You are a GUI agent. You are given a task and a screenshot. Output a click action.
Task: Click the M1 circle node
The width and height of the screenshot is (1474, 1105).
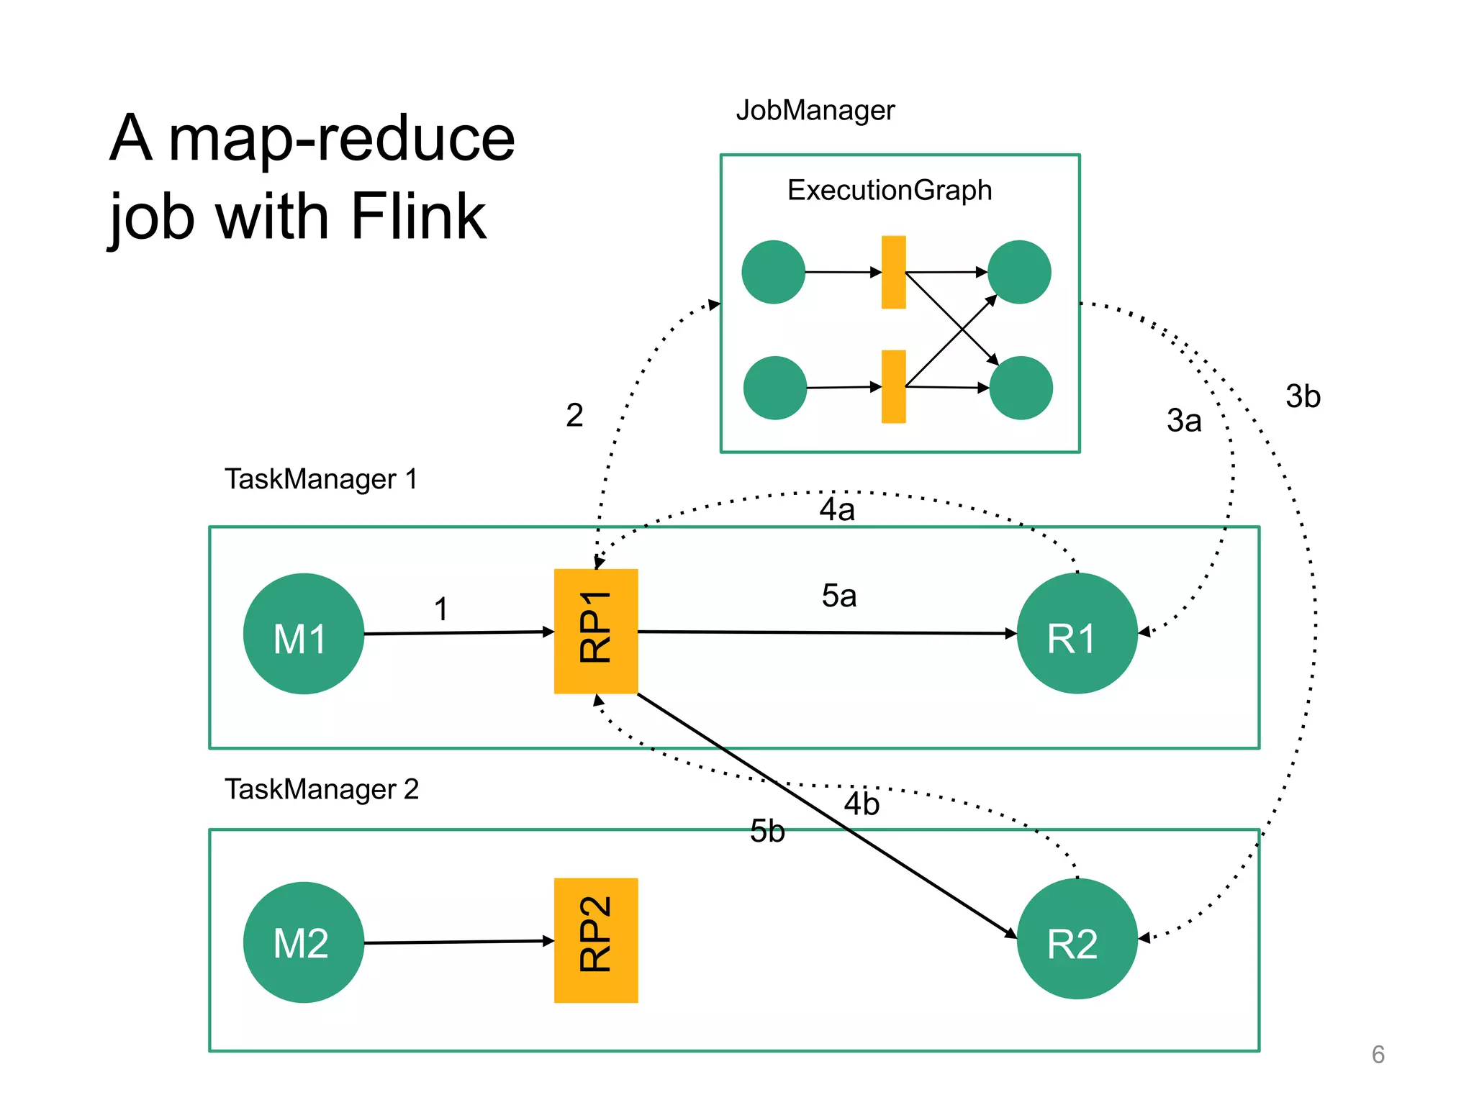tap(303, 634)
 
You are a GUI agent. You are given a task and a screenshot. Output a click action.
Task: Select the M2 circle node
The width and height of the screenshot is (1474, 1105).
tap(303, 942)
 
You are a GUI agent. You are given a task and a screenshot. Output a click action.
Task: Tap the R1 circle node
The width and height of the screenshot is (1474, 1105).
tap(1077, 634)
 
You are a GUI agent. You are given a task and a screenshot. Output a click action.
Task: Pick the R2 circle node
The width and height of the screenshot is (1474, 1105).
tap(1077, 939)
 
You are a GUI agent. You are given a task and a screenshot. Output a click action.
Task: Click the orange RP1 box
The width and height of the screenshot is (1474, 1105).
tap(596, 631)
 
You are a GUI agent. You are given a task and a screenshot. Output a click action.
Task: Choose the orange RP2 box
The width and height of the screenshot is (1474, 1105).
tap(596, 940)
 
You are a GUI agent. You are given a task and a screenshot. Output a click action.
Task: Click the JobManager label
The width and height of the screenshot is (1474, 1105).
tap(815, 111)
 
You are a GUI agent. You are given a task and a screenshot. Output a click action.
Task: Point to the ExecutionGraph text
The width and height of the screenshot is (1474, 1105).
tap(890, 191)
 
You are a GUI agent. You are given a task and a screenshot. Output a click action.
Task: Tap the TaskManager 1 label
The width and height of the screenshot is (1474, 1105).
tap(321, 479)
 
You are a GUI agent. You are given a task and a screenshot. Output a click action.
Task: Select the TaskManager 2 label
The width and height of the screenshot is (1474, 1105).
tap(321, 789)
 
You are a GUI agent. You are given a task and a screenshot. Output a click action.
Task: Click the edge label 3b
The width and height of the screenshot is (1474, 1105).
tap(1303, 396)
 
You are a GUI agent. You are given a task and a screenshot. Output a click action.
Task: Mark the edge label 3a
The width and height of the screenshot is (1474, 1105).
tap(1184, 421)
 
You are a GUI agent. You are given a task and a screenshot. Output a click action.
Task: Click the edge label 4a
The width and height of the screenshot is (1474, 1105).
tap(837, 510)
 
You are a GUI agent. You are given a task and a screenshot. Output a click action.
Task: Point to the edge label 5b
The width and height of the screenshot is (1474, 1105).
tap(767, 832)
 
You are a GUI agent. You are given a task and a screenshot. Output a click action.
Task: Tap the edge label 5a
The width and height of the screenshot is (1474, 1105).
tap(839, 596)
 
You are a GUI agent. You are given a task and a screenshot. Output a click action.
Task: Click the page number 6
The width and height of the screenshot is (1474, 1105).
tap(1378, 1055)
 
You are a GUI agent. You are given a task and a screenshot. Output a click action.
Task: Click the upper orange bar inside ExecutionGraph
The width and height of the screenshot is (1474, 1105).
tap(893, 272)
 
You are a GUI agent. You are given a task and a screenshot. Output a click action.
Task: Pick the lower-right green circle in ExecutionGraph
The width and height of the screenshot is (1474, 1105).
tap(1021, 388)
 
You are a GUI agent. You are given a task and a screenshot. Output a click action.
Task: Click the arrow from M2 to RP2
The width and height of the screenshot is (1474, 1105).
tap(458, 942)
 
